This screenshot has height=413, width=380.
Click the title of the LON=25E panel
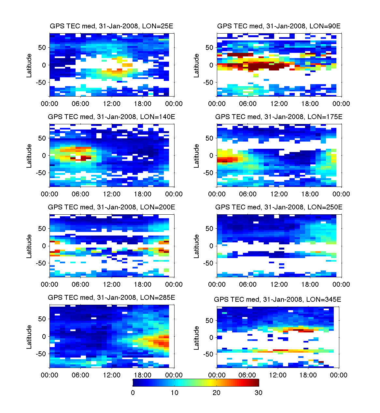click(111, 26)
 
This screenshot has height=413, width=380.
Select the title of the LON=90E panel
click(279, 26)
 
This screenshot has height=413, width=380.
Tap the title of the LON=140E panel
click(111, 117)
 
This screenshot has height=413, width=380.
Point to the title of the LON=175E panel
click(279, 117)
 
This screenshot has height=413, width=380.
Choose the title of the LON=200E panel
click(111, 207)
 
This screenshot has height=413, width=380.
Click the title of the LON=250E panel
click(279, 207)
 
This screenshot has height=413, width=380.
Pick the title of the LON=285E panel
click(111, 298)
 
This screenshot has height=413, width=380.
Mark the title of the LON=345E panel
click(277, 299)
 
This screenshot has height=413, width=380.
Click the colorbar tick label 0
click(133, 393)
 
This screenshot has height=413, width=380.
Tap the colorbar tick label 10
click(175, 393)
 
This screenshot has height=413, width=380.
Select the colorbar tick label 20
click(217, 393)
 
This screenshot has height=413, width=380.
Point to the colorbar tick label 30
click(259, 393)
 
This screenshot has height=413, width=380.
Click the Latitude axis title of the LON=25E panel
click(29, 66)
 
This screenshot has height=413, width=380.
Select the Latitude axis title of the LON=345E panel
click(196, 338)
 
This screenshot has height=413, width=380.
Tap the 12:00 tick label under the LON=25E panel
click(112, 104)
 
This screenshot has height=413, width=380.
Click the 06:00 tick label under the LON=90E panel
click(248, 104)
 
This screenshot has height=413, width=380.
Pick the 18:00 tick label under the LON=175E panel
click(310, 194)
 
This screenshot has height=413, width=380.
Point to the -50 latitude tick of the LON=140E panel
click(41, 173)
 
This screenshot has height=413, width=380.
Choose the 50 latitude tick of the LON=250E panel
click(209, 229)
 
